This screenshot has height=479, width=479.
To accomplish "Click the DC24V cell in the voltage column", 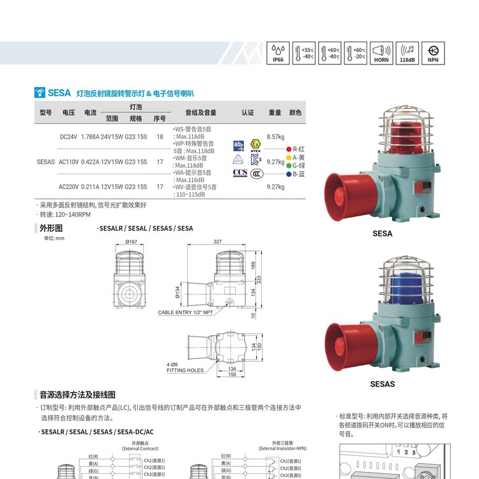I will [x=68, y=137].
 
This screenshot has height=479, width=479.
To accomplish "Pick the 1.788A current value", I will [x=91, y=137].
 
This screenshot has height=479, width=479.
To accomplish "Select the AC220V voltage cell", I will [x=68, y=187].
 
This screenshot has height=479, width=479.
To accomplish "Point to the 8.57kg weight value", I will [x=275, y=137].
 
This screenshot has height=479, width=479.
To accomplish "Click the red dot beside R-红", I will [x=289, y=149].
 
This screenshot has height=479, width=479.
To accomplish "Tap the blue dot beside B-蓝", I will [x=289, y=174].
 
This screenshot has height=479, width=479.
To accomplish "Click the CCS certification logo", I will [x=240, y=172].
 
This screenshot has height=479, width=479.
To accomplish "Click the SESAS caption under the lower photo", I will [x=383, y=384].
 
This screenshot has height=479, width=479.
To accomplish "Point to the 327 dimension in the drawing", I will [x=218, y=242].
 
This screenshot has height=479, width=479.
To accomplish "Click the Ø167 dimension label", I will [x=132, y=242].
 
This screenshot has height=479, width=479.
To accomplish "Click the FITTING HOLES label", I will [x=185, y=370].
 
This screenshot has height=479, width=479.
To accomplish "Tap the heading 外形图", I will [x=51, y=228].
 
